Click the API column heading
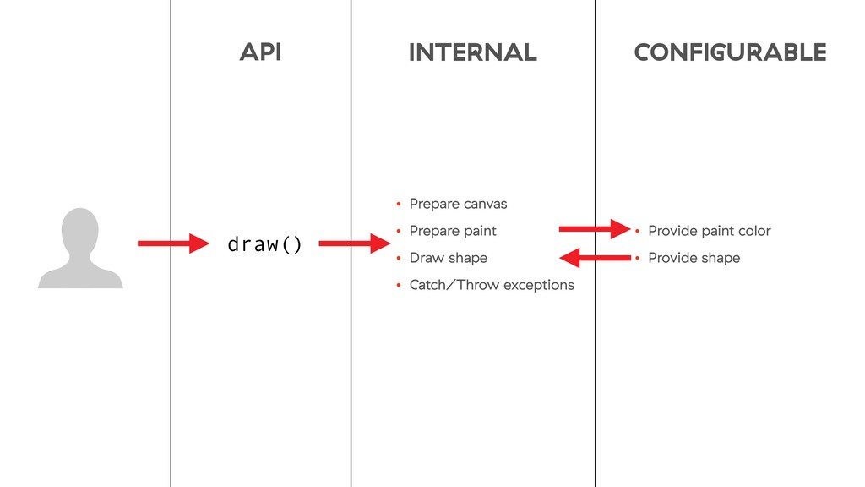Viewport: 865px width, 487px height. pyautogui.click(x=260, y=52)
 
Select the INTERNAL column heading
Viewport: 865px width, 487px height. pyautogui.click(x=472, y=52)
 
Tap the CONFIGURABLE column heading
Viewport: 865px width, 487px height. pyautogui.click(x=730, y=52)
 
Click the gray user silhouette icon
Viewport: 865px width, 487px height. pyautogui.click(x=81, y=249)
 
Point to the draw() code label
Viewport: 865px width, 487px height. pyautogui.click(x=264, y=245)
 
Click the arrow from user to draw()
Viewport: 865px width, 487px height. pyautogui.click(x=173, y=244)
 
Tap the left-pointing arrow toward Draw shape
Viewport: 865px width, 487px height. pyautogui.click(x=595, y=257)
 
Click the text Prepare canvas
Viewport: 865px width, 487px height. pyautogui.click(x=458, y=204)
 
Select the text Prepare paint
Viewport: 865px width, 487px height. pyautogui.click(x=453, y=231)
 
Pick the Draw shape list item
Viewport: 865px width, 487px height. pyautogui.click(x=448, y=258)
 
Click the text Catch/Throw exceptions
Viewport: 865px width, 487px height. pyautogui.click(x=492, y=285)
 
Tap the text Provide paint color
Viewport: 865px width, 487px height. pyautogui.click(x=709, y=231)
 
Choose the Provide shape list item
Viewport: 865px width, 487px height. pyautogui.click(x=694, y=258)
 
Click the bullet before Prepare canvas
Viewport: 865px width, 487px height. pyautogui.click(x=398, y=205)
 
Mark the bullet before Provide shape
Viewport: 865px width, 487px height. pyautogui.click(x=637, y=259)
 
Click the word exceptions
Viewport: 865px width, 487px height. pyautogui.click(x=538, y=285)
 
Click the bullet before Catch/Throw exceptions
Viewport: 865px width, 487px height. pyautogui.click(x=398, y=286)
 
